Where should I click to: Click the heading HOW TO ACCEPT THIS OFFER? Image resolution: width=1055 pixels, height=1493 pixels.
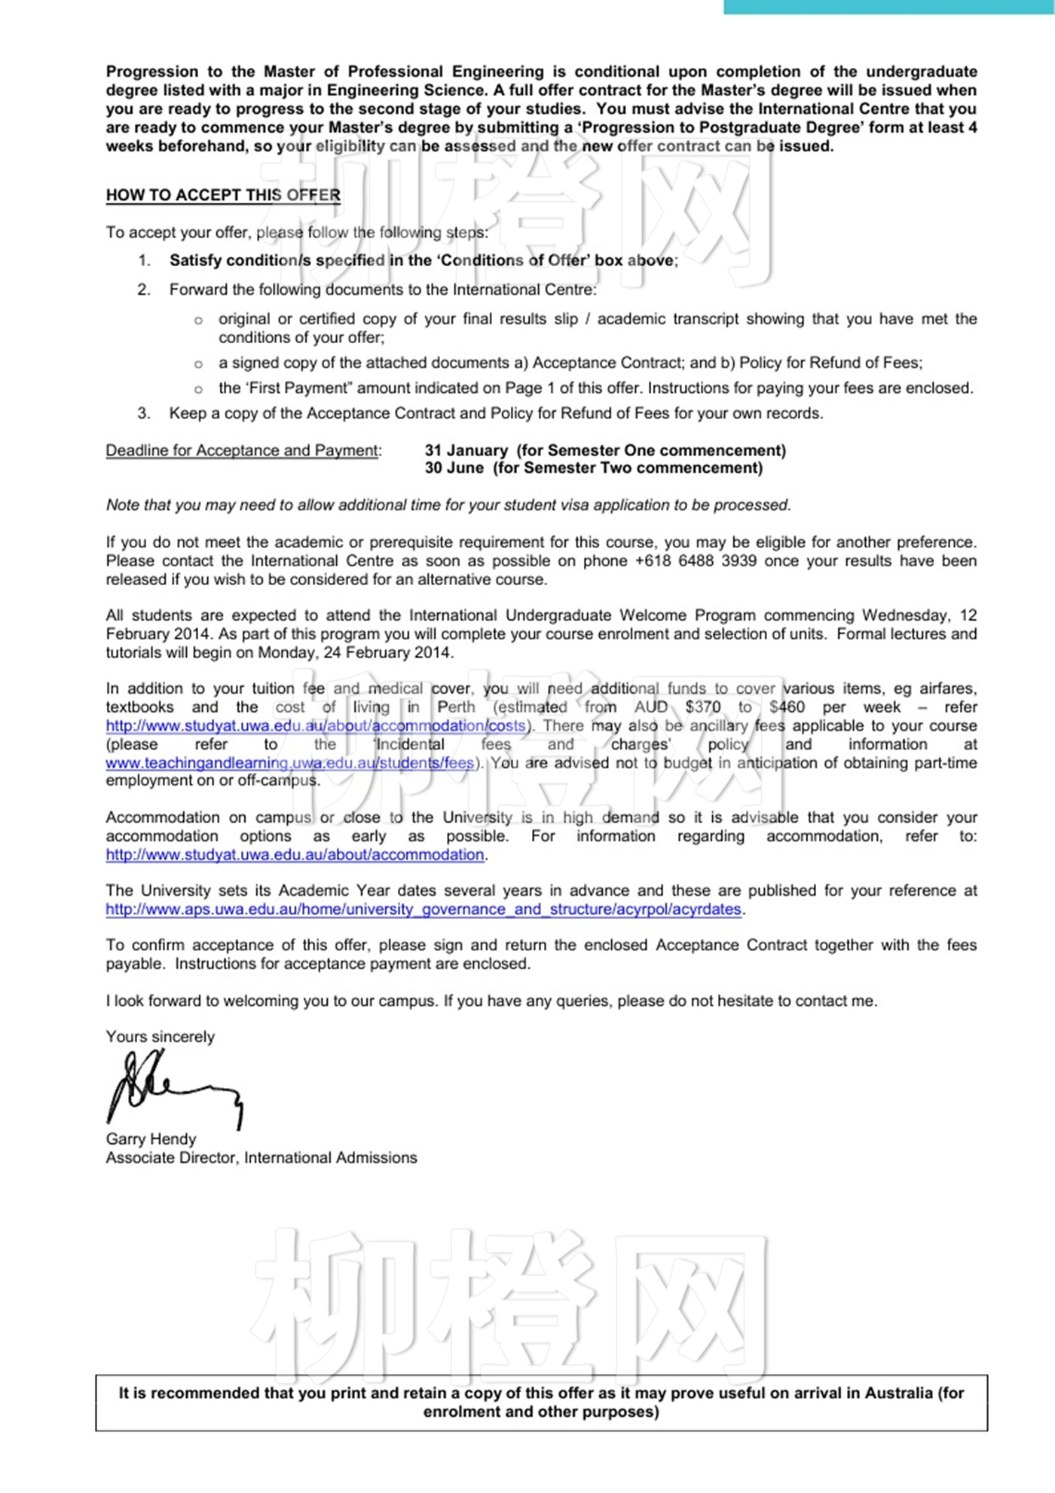click(x=223, y=195)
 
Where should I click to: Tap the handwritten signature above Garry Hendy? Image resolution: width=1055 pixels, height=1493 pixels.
click(x=173, y=1089)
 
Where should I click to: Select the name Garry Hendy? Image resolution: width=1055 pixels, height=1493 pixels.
click(x=151, y=1139)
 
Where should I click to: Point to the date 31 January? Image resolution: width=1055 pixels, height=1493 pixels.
click(x=466, y=450)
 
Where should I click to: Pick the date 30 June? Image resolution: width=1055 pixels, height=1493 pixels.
click(x=454, y=468)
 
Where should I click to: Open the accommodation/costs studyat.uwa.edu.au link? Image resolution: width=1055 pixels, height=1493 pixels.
click(x=315, y=726)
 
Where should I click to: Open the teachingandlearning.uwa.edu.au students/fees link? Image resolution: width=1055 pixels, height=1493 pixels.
click(x=290, y=763)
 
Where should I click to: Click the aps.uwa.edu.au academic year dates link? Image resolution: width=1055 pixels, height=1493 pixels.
click(x=424, y=909)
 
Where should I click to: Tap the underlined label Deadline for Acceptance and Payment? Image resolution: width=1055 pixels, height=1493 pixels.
click(x=243, y=450)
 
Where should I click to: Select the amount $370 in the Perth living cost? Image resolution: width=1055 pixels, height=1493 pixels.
click(x=702, y=707)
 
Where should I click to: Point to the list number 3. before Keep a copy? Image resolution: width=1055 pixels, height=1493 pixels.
click(x=144, y=413)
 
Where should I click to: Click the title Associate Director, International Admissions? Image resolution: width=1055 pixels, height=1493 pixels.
click(x=261, y=1157)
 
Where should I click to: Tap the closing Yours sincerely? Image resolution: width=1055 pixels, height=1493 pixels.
click(x=160, y=1037)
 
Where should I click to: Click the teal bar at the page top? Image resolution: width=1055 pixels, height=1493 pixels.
click(x=889, y=7)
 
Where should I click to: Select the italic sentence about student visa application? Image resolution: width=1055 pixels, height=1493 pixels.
click(x=448, y=505)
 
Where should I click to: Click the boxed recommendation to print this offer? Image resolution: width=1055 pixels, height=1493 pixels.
click(x=541, y=1403)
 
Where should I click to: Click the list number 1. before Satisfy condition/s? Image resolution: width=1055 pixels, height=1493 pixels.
click(x=144, y=261)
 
